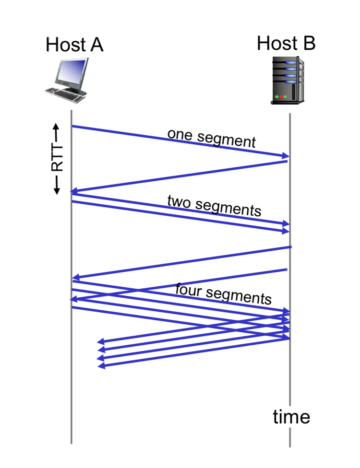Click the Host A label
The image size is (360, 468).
(x=74, y=45)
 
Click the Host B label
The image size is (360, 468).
(x=286, y=43)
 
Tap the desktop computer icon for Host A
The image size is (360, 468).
(x=67, y=80)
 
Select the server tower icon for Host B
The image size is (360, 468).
(x=288, y=80)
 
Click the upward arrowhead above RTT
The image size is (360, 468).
(x=56, y=127)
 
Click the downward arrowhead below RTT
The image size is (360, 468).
(x=57, y=191)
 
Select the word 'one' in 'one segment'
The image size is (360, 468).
(x=180, y=135)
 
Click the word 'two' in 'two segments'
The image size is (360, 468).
(x=179, y=201)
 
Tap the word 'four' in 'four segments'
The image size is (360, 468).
(x=188, y=290)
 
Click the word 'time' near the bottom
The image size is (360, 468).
(x=291, y=417)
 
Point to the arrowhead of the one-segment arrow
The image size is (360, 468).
(x=286, y=155)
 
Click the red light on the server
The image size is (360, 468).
(x=281, y=97)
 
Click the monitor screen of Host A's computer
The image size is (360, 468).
(x=72, y=71)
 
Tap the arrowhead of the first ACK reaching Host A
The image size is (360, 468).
(x=74, y=191)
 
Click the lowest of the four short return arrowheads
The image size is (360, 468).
(x=101, y=365)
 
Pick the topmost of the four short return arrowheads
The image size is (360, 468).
(x=101, y=341)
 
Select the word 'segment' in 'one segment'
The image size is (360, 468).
(x=227, y=140)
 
